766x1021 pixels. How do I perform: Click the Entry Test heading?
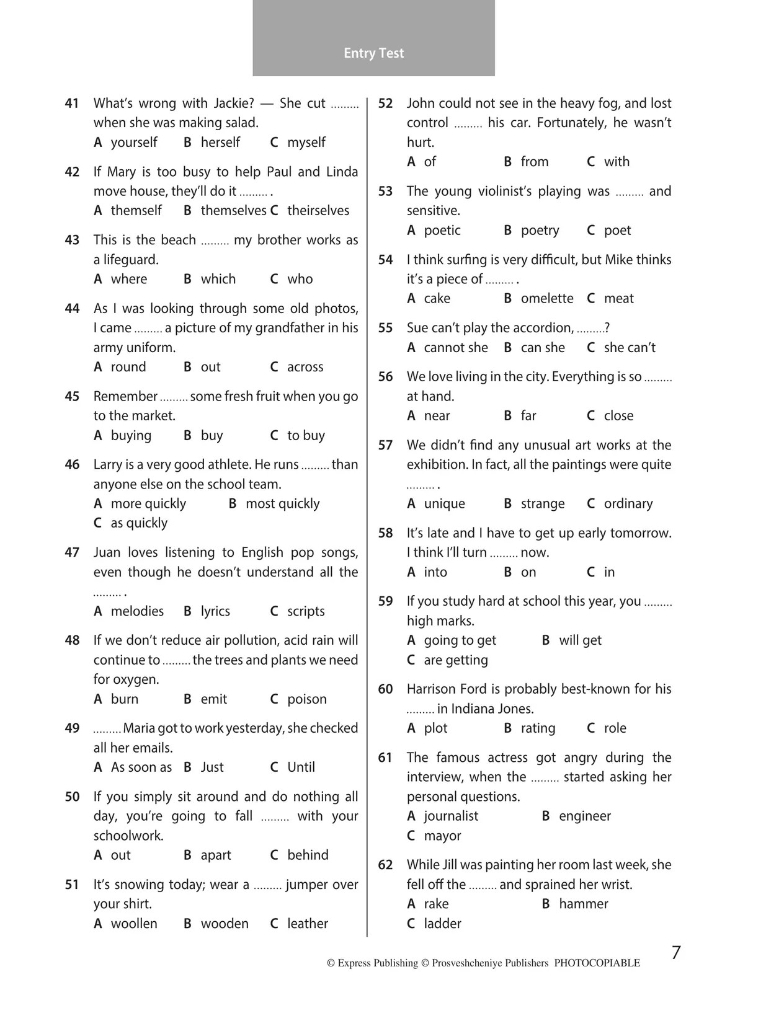tap(373, 53)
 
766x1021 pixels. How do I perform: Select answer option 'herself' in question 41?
tap(220, 143)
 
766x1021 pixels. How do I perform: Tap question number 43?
tap(72, 240)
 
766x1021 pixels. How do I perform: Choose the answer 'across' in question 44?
tap(305, 367)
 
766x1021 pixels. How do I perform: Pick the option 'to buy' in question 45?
tap(305, 436)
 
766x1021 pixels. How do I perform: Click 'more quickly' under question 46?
tap(148, 504)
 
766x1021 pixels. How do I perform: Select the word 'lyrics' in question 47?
tap(215, 611)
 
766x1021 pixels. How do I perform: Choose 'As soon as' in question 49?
tap(141, 767)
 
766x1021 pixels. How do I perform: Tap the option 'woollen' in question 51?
tap(133, 924)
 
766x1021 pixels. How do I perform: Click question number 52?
tap(385, 104)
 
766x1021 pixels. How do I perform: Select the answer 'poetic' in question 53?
tap(442, 231)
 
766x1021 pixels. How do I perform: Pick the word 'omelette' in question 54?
tap(546, 299)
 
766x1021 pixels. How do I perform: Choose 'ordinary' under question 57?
tap(628, 504)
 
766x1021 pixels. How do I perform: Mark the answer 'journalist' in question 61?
tap(451, 816)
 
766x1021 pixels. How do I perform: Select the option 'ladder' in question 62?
tap(442, 924)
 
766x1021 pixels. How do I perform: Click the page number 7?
tap(676, 953)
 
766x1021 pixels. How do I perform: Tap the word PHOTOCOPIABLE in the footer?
tap(597, 963)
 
